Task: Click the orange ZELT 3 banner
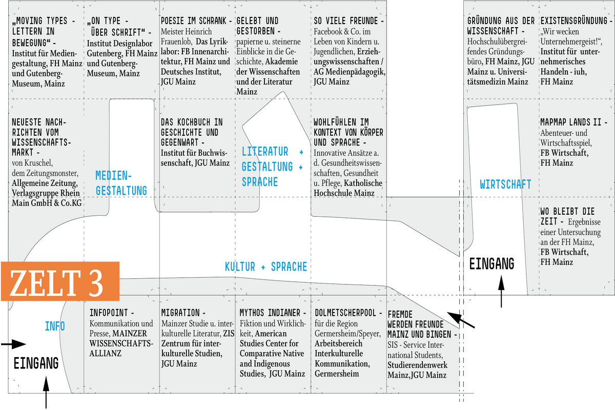pyautogui.click(x=60, y=281)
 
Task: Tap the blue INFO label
pyautogui.click(x=55, y=326)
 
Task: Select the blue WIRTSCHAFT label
pyautogui.click(x=505, y=184)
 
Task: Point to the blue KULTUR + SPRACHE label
pyautogui.click(x=266, y=266)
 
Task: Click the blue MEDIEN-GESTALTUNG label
pyautogui.click(x=121, y=183)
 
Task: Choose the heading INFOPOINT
pyautogui.click(x=109, y=313)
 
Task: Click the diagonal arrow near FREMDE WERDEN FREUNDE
pyautogui.click(x=461, y=320)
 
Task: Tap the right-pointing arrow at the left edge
pyautogui.click(x=13, y=344)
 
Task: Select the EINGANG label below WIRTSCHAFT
pyautogui.click(x=491, y=263)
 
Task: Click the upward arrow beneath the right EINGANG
pyautogui.click(x=501, y=292)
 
